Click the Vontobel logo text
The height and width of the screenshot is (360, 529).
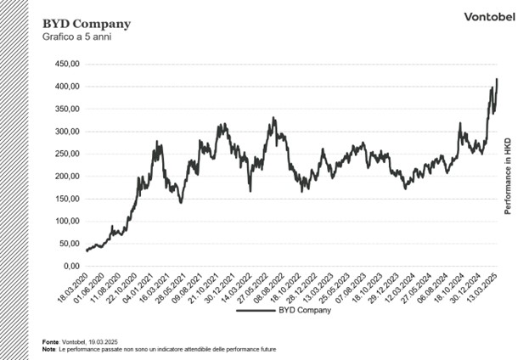coord(485,17)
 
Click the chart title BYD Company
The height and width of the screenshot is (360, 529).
coord(75,23)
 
